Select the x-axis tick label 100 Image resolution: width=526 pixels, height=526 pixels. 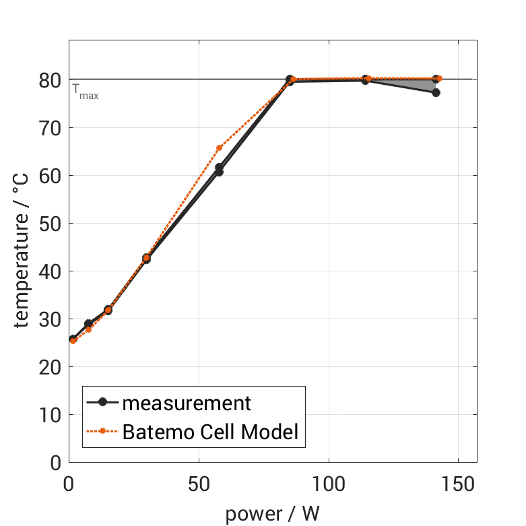click(x=329, y=485)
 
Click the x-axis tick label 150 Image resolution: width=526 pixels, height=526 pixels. click(x=459, y=485)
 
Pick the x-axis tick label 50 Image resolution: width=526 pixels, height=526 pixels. click(x=199, y=485)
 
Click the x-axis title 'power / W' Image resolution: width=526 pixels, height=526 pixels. click(x=272, y=514)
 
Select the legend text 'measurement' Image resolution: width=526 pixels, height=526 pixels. click(x=186, y=403)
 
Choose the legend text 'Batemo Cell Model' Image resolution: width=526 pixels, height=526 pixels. click(x=210, y=431)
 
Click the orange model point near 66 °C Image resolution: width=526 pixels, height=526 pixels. click(x=219, y=147)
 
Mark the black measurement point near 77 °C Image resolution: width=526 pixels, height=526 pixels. click(x=436, y=92)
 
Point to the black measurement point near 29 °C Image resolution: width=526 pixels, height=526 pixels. click(x=88, y=323)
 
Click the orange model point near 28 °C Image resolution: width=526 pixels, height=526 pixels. click(x=88, y=329)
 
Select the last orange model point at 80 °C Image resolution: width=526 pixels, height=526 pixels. click(x=439, y=79)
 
